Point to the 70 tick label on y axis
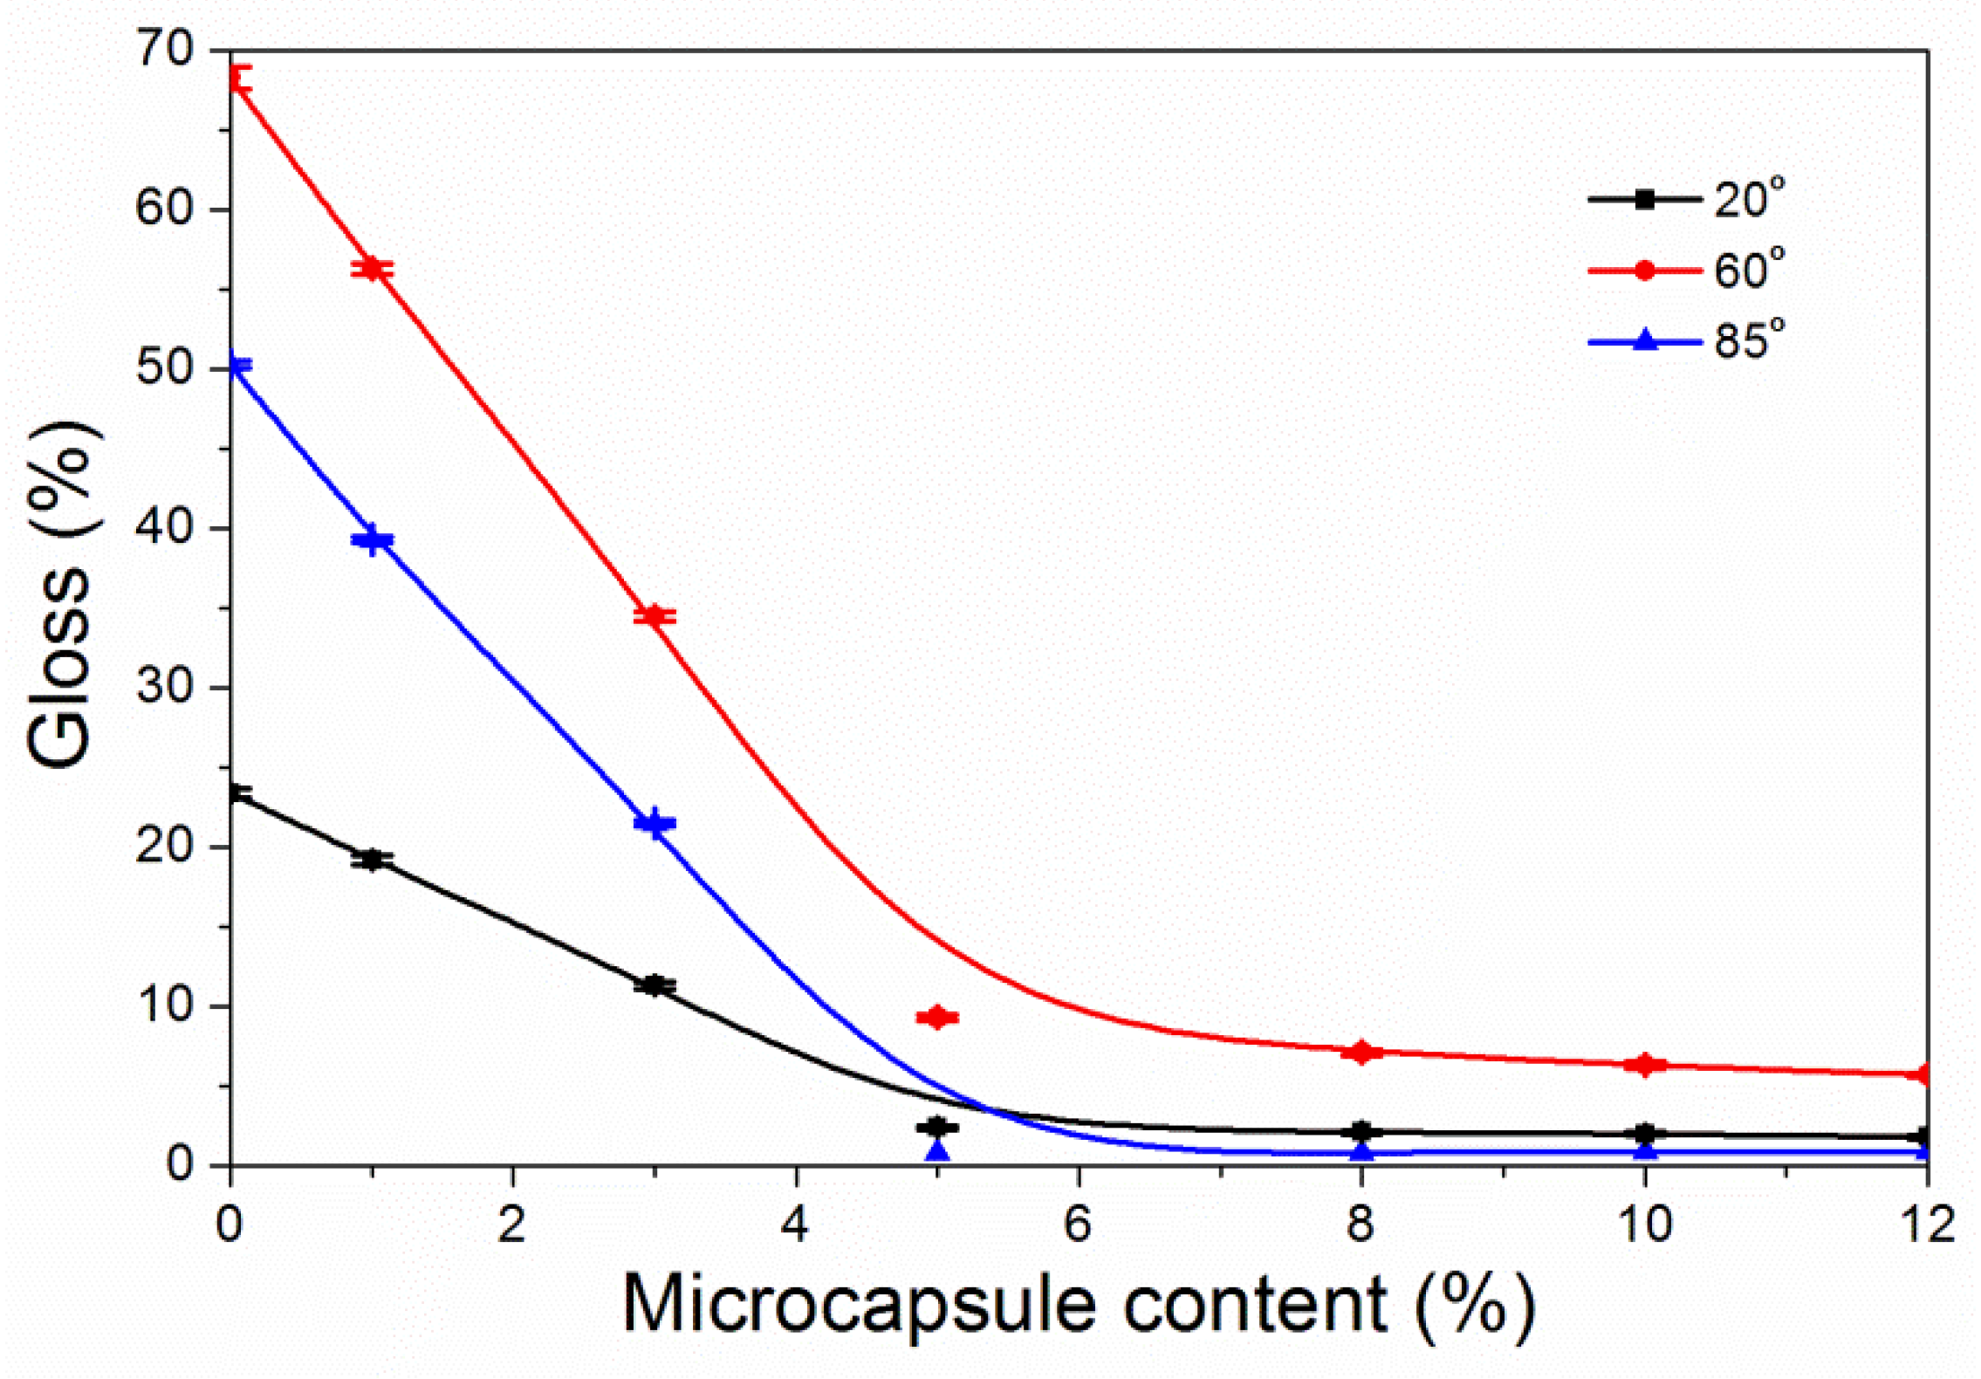[x=165, y=50]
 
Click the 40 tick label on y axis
[x=165, y=528]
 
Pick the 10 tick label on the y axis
[x=165, y=1005]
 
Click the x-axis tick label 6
[x=1078, y=1225]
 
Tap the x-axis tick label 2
[x=512, y=1225]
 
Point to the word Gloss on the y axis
[x=59, y=668]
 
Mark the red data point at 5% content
[x=937, y=1018]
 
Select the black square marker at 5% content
[x=937, y=1128]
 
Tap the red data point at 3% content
[x=655, y=616]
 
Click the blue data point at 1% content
[x=372, y=539]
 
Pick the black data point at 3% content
[x=655, y=985]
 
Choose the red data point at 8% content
[x=1361, y=1052]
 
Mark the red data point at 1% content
[x=372, y=268]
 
